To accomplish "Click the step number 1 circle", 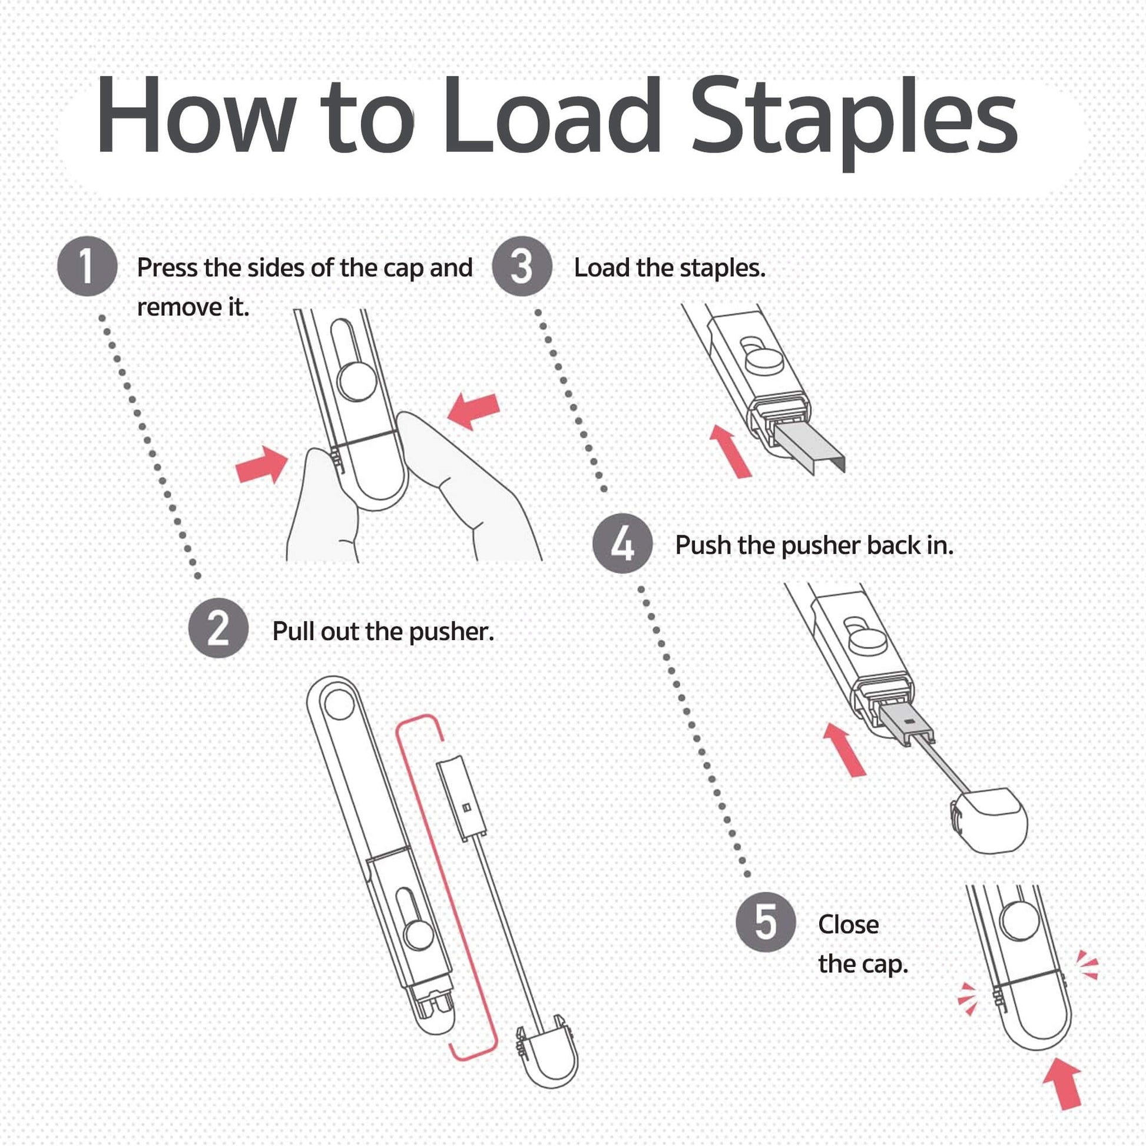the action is click(87, 266).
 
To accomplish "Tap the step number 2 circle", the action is click(218, 628).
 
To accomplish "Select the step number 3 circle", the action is click(522, 266).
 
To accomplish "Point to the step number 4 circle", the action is click(623, 544).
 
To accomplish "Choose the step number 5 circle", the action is click(766, 922).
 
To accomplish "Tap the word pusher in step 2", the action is click(452, 632).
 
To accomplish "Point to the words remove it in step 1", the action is click(193, 307).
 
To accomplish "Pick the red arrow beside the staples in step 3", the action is click(731, 451).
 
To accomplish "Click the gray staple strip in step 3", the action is click(810, 445).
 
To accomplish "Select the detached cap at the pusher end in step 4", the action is click(989, 819).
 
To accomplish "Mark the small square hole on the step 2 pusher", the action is click(466, 807).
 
